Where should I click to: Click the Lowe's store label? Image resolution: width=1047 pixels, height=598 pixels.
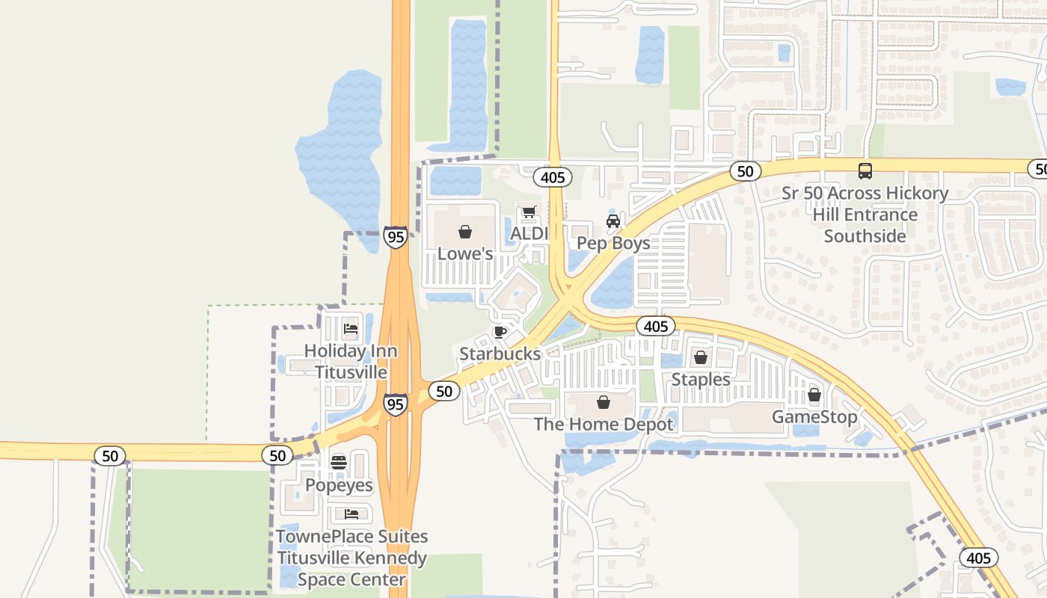[x=464, y=253]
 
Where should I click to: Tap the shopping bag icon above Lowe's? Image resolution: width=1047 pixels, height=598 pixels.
[x=464, y=232]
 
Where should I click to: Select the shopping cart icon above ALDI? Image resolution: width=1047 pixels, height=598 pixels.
[x=529, y=212]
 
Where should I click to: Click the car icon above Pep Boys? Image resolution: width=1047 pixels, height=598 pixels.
[x=613, y=221]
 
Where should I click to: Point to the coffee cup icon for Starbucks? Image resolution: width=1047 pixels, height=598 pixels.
[x=500, y=332]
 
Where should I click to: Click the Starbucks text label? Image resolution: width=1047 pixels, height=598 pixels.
[x=500, y=354]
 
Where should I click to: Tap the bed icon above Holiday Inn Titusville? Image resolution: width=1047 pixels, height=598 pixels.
[x=350, y=328]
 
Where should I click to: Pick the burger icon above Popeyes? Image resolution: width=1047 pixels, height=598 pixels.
[x=338, y=462]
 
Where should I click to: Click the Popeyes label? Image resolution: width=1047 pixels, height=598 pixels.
[x=339, y=485]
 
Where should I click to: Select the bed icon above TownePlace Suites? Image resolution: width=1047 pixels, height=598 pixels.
[x=351, y=514]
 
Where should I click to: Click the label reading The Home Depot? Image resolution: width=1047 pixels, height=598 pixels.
[x=604, y=425]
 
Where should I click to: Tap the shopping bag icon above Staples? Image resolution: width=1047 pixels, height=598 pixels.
[x=700, y=357]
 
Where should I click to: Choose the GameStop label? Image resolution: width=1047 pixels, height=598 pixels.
[x=814, y=416]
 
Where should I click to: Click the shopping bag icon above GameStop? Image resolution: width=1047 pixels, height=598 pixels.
[x=814, y=395]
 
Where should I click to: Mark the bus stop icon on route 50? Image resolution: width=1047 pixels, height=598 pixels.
[x=865, y=170]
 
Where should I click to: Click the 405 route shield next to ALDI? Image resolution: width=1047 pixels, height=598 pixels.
[x=553, y=177]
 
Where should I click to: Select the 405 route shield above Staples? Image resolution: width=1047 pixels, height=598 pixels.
[x=656, y=326]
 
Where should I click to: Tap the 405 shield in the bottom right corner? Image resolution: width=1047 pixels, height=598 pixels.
[x=978, y=558]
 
